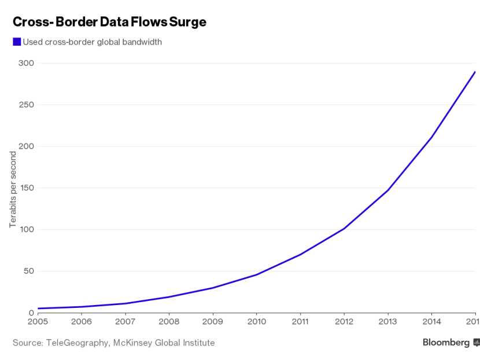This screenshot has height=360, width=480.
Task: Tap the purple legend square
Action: (x=17, y=42)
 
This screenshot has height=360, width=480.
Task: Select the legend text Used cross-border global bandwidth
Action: (x=92, y=42)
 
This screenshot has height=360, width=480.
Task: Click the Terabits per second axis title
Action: (x=13, y=189)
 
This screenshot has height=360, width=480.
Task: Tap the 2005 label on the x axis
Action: (x=38, y=322)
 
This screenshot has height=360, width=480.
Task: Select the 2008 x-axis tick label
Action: (x=169, y=322)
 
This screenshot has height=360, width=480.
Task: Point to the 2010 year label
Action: (x=257, y=322)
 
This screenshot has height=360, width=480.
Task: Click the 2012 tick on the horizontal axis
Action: (x=344, y=322)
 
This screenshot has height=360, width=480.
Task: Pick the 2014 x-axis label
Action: (x=431, y=322)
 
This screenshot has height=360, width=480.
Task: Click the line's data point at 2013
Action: (x=388, y=190)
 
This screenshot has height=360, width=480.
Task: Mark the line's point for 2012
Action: (x=344, y=229)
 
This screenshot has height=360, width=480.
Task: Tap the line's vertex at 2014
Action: (x=431, y=137)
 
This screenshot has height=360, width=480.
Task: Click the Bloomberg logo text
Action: (x=446, y=343)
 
